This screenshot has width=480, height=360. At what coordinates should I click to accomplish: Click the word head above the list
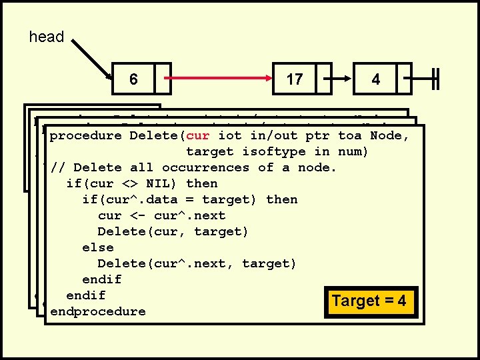47,37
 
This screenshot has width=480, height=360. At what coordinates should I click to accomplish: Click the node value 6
133,79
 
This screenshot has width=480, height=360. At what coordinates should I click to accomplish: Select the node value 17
294,79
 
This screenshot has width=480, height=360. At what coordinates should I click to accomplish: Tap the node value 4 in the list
376,79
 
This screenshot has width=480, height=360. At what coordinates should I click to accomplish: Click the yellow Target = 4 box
369,301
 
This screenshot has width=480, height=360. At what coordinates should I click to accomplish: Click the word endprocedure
97,311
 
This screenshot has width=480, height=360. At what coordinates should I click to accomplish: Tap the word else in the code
97,247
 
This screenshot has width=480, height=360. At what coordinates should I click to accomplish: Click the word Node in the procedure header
388,136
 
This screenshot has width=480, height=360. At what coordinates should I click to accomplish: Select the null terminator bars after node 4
435,78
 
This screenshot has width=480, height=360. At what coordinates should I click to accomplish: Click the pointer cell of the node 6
163,78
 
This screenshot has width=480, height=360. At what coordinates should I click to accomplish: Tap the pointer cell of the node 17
324,78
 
